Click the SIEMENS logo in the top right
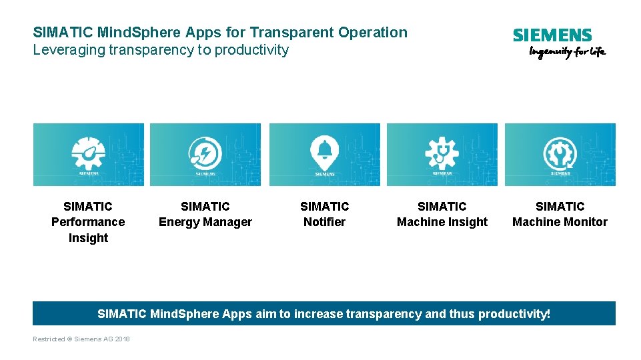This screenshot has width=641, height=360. coord(552,35)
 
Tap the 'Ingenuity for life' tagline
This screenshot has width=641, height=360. coord(567,52)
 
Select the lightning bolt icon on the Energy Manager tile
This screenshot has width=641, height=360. coord(205,153)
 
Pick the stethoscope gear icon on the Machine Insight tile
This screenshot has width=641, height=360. coord(442,152)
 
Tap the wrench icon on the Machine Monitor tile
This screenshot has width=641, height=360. coord(560,153)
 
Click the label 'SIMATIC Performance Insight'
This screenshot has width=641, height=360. coord(88,222)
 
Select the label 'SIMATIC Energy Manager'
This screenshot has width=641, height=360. coord(205,215)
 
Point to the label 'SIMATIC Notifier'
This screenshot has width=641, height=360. coord(324,215)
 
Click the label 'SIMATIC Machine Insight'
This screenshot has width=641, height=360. coord(442,215)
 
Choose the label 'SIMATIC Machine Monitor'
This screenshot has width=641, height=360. coord(560,215)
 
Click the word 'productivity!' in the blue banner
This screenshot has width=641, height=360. coord(518,313)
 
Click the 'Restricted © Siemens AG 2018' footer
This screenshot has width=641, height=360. coord(81,339)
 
